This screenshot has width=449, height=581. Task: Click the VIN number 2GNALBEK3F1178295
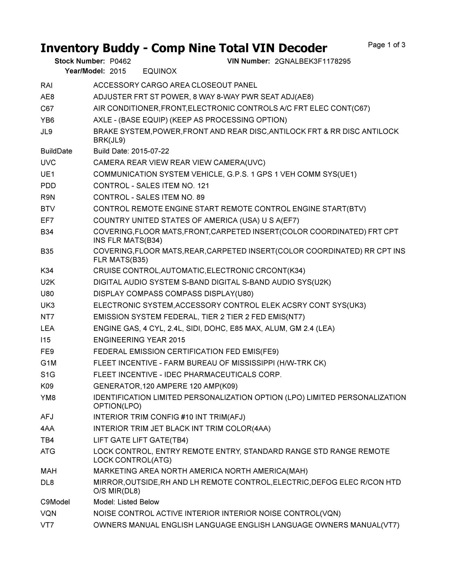312,61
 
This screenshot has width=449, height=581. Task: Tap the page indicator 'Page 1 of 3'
387,45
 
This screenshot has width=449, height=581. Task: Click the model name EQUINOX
160,72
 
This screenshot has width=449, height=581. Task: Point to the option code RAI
46,86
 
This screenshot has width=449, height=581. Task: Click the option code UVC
48,163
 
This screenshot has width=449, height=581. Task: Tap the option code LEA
47,329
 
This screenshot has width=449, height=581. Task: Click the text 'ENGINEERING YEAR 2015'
139,340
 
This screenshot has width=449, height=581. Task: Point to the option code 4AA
47,429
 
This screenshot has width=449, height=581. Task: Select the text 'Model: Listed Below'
126,502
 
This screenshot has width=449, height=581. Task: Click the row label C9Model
55,502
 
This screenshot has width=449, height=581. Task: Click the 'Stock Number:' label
80,61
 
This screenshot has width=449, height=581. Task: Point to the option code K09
47,386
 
